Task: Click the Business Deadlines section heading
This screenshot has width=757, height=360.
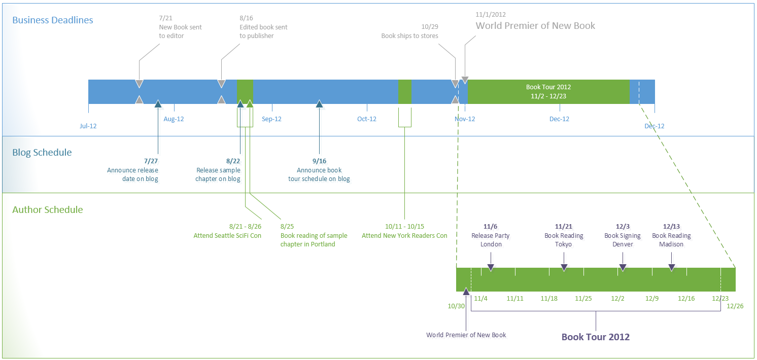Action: tap(53, 20)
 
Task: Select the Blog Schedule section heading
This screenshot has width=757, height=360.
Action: tap(42, 153)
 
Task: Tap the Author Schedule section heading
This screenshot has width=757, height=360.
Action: tap(48, 210)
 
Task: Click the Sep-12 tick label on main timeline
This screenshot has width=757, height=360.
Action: tap(271, 119)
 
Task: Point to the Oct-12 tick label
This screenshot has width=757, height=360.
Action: tap(366, 119)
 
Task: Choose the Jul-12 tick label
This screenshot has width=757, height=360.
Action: tap(88, 126)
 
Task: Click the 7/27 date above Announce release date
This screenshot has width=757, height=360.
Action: tap(151, 161)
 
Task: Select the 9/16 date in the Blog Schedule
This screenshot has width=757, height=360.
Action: tap(319, 161)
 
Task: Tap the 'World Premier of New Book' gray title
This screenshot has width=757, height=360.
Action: tap(535, 26)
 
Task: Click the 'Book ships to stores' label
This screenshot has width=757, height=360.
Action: tap(409, 36)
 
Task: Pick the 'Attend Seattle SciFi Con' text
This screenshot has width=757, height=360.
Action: tap(227, 236)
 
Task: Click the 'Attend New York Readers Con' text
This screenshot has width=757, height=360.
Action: tap(404, 236)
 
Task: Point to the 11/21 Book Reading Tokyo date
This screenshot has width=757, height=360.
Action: tap(564, 227)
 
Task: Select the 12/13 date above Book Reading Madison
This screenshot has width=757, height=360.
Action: tap(671, 227)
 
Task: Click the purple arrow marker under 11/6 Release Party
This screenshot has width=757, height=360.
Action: tap(490, 268)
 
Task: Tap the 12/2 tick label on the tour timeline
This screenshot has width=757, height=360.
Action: tap(617, 298)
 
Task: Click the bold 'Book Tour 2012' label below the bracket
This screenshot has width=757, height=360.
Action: tap(595, 337)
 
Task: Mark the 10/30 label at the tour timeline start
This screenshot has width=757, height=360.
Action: tap(456, 306)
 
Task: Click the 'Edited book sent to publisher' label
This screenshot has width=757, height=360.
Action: tap(263, 31)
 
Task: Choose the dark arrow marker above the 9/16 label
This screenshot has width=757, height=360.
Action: tap(319, 104)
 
